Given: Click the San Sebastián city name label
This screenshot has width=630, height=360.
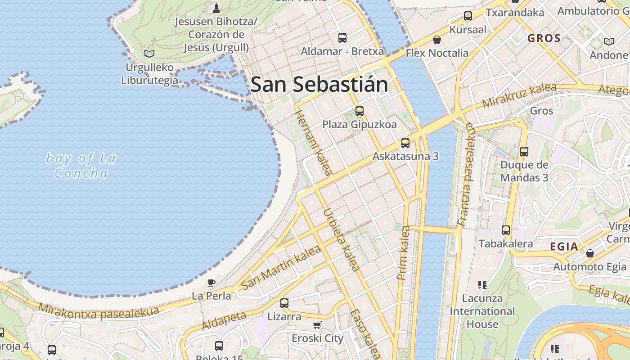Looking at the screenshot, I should (319, 85).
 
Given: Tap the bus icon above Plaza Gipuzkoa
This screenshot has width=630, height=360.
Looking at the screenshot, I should (359, 111).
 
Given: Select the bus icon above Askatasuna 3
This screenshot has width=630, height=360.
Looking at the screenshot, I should (405, 143).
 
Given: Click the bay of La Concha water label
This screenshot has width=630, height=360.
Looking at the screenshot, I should (81, 166).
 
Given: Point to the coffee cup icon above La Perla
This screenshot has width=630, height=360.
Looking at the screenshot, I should (211, 283).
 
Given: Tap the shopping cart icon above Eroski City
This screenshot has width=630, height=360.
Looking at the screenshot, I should (317, 325).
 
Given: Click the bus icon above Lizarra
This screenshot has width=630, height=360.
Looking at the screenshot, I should (284, 303).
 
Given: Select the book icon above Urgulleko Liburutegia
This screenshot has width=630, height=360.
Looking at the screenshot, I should (149, 54).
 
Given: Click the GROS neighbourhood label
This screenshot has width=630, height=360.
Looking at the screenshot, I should (544, 38).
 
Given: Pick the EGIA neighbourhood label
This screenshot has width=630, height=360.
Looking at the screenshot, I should (564, 246).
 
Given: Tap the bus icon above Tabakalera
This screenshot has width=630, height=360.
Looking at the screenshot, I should (506, 230).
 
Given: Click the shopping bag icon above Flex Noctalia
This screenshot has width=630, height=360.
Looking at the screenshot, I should (436, 40).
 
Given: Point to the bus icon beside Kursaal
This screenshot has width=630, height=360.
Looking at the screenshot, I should (468, 17).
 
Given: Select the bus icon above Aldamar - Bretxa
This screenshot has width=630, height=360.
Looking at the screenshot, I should (342, 38).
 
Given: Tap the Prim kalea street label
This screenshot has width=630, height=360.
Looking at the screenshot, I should (404, 253).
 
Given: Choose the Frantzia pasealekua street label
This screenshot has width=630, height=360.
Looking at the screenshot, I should (466, 174).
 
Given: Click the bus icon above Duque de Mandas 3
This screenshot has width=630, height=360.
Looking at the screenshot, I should (524, 152).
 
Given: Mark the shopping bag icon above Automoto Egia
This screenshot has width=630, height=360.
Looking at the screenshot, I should (589, 253).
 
